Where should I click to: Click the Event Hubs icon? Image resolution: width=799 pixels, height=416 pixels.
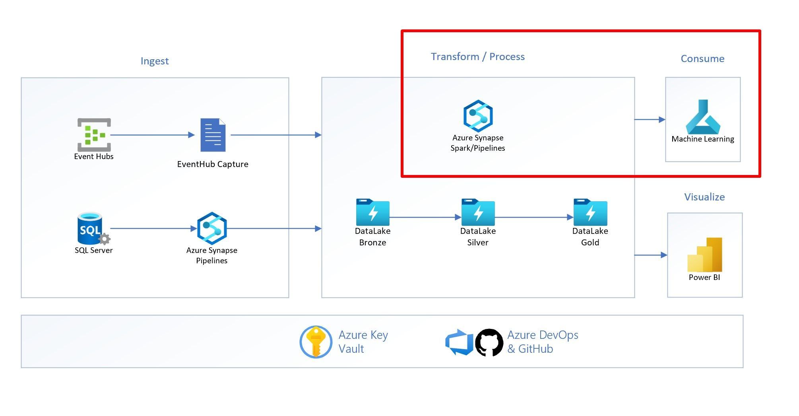pos(94,135)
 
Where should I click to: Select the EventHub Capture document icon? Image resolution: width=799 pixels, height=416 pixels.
pos(213,135)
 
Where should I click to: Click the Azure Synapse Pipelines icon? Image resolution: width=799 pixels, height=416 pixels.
pos(212,228)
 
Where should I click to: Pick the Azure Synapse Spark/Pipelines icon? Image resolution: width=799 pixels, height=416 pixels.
pos(478,116)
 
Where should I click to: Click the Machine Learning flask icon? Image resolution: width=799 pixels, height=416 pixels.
pos(702,117)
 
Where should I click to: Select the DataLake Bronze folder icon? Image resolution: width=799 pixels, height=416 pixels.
pos(372,212)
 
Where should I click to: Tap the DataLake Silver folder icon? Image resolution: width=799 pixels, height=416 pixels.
pos(478,212)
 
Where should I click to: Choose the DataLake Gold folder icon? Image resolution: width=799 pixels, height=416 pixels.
pos(590,212)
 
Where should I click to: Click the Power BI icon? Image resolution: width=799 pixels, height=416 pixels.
pos(704,255)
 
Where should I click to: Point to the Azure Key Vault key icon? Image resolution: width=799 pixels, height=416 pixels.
pos(316,342)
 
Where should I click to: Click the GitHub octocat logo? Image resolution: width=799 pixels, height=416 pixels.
pos(489,342)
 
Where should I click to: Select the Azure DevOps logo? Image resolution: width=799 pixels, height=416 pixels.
pos(459,342)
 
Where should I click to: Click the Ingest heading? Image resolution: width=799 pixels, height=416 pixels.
pos(155,61)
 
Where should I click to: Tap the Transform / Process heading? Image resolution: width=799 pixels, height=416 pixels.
pos(477,56)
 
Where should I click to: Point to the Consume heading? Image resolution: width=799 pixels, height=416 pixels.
pos(702,58)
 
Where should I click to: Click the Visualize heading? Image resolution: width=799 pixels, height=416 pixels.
pos(704,197)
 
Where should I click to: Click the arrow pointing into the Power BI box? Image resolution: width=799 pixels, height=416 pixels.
pos(650,255)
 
